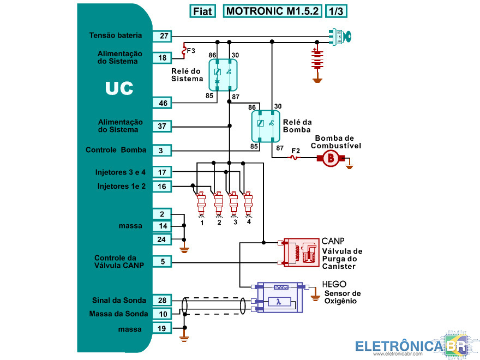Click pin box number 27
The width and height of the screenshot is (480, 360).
pyautogui.click(x=163, y=36)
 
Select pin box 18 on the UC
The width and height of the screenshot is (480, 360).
pyautogui.click(x=163, y=57)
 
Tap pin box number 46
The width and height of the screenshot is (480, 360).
pyautogui.click(x=163, y=103)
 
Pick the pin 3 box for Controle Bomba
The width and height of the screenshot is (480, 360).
pyautogui.click(x=163, y=150)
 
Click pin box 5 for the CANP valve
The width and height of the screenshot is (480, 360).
pyautogui.click(x=163, y=262)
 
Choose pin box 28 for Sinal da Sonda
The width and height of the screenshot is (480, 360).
pyautogui.click(x=163, y=301)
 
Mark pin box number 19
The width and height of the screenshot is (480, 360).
pyautogui.click(x=163, y=328)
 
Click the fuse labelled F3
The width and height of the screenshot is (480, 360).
pyautogui.click(x=184, y=50)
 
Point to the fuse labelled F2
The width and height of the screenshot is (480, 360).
pyautogui.click(x=295, y=158)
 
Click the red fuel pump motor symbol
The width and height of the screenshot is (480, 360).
pyautogui.click(x=329, y=158)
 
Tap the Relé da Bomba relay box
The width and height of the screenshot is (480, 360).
pyautogui.click(x=265, y=125)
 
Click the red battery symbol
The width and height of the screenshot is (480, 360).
pyautogui.click(x=316, y=60)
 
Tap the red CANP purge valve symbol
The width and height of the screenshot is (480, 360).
pyautogui.click(x=301, y=253)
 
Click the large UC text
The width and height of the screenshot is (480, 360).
pyautogui.click(x=119, y=88)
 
